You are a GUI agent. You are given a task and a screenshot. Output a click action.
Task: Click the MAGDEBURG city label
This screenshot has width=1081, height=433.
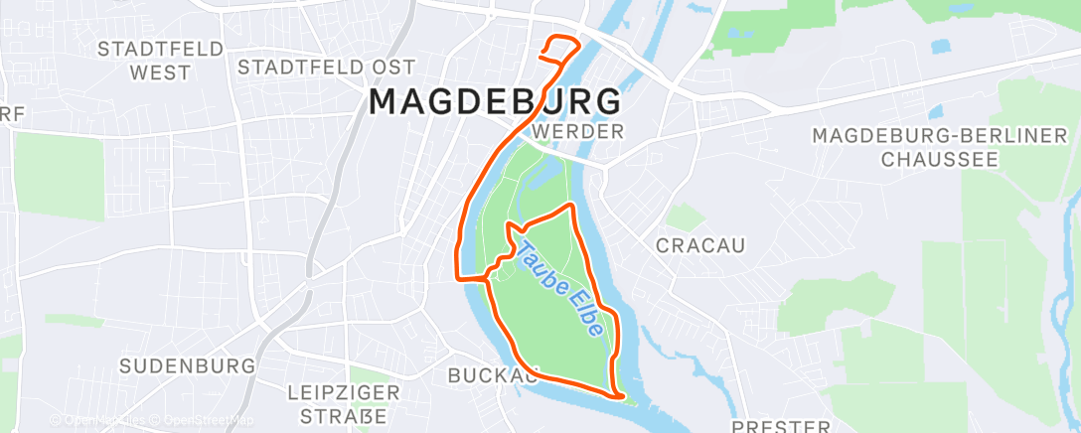click(x=496, y=101)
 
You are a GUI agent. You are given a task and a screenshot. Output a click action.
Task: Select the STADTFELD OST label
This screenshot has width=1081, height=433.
click(x=313, y=67)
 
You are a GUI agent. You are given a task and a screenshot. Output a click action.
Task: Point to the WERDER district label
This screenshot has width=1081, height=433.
click(x=577, y=131)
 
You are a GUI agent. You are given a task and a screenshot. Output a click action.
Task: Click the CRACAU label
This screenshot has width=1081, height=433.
click(x=701, y=244)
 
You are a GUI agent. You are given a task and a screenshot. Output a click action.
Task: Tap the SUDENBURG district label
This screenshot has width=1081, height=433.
click(x=187, y=365)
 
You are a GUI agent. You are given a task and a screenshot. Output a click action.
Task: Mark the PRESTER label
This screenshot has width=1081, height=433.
click(x=781, y=426)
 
